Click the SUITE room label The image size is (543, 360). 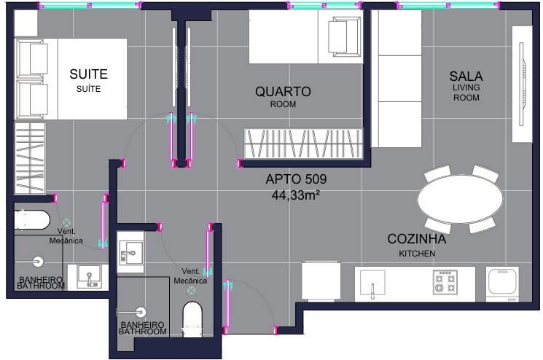click(x=89, y=74)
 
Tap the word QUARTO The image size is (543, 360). click(x=283, y=91)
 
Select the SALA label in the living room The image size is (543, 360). click(x=466, y=76)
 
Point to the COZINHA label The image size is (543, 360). click(x=417, y=239)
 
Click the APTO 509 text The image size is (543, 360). click(x=296, y=179)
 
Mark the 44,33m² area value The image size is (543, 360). click(x=295, y=195)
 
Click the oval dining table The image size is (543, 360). click(x=460, y=199)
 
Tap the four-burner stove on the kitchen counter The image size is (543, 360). click(x=445, y=283)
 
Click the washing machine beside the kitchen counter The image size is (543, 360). click(x=502, y=284)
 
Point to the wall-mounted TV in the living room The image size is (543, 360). click(x=522, y=84)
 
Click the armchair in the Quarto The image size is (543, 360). click(x=344, y=36)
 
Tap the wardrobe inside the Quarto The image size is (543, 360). click(x=303, y=144)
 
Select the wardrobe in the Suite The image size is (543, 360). click(x=30, y=157)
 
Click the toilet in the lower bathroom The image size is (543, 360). click(x=192, y=319)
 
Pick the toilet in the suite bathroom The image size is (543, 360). click(x=32, y=220)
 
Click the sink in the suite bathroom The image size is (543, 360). click(x=89, y=277)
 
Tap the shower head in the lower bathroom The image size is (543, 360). click(x=141, y=312)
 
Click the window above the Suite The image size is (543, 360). click(x=90, y=5)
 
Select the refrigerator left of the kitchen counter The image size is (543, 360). click(x=321, y=281)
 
